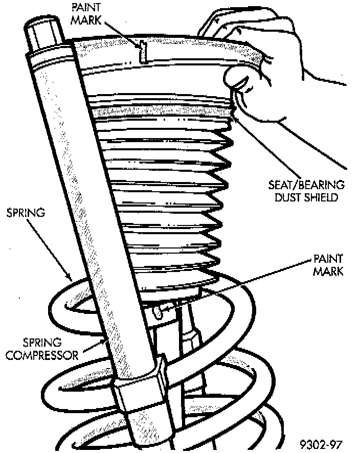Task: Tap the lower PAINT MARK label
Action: coord(327,265)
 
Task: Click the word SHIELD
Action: coord(323,197)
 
